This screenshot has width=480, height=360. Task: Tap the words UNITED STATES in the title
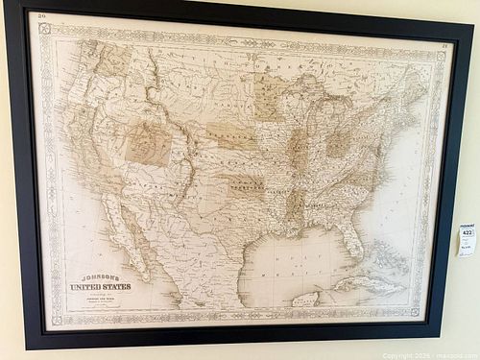pos(99,286)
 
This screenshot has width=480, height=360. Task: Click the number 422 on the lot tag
pos(468,231)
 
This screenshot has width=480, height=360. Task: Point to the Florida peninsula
pos(351,240)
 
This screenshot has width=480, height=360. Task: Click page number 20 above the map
pos(40,16)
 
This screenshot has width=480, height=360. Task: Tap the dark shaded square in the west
pos(149,143)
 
